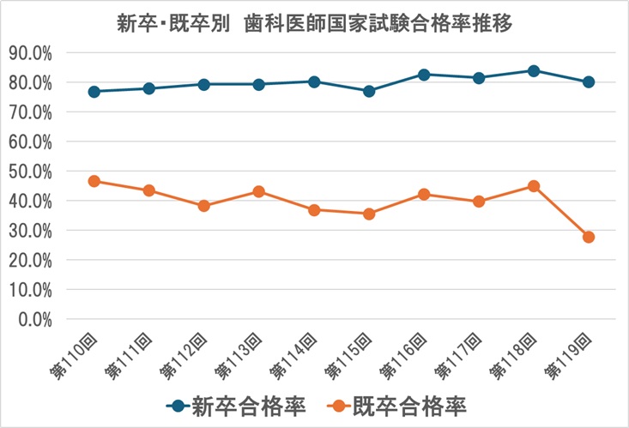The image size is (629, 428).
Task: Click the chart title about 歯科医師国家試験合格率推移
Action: pos(314,24)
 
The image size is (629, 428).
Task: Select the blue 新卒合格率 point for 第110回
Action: pos(94,91)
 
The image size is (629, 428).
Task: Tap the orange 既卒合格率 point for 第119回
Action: pos(589,237)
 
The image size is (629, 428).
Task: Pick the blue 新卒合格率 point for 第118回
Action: pos(534,70)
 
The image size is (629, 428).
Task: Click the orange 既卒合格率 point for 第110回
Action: pos(94,181)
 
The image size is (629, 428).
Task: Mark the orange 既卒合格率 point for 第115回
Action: pos(369,214)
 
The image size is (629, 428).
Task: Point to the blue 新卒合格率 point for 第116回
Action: pos(424,74)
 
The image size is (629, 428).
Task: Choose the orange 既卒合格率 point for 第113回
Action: pos(259,191)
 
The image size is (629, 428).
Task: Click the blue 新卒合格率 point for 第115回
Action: pos(369,91)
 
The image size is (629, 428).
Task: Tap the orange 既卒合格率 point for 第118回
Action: pos(534,185)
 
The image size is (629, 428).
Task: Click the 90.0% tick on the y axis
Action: pos(31,52)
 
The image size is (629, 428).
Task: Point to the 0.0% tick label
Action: pos(34,319)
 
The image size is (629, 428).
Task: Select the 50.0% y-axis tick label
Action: pos(31,171)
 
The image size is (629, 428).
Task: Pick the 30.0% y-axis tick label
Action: pos(31,230)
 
